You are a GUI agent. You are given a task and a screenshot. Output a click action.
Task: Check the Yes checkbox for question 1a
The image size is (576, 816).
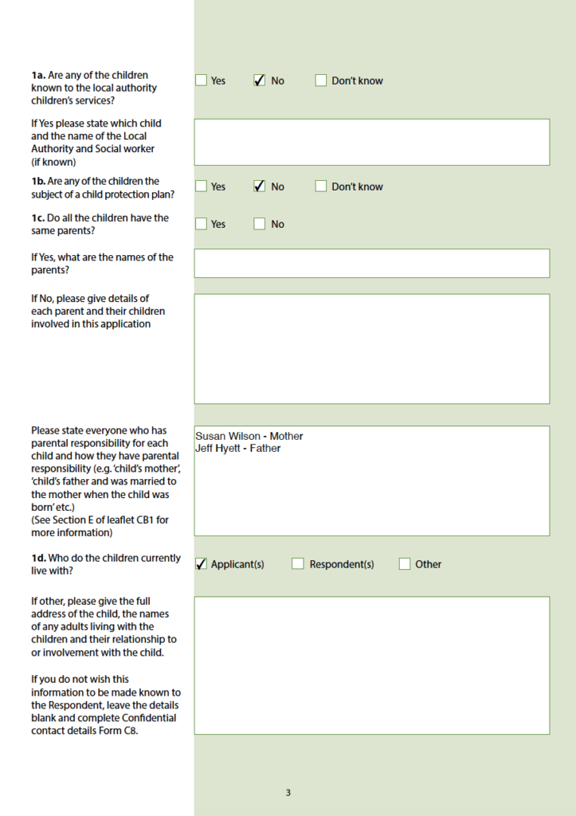(202, 80)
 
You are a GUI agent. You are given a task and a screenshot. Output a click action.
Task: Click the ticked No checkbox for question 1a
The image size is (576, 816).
(260, 80)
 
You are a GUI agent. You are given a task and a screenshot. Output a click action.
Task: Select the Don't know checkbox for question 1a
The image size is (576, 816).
(321, 80)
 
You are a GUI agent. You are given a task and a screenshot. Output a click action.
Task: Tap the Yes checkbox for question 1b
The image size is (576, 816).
(202, 186)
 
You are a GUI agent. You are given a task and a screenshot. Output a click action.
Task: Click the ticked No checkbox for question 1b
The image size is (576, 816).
(260, 186)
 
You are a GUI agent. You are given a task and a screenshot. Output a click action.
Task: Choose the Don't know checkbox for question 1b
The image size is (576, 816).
(321, 186)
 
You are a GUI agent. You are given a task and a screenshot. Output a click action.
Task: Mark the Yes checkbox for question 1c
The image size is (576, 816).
(202, 224)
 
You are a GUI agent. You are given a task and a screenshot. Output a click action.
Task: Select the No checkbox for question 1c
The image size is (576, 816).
(260, 224)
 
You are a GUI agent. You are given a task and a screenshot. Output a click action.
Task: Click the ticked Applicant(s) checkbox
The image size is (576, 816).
(202, 564)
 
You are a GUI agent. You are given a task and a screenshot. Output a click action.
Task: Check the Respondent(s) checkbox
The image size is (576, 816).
(298, 564)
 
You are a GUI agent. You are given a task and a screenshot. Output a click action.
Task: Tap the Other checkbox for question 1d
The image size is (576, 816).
(405, 564)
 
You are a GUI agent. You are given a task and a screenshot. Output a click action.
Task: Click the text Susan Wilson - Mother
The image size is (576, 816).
(249, 437)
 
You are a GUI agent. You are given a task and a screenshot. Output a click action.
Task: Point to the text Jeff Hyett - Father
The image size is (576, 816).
(238, 449)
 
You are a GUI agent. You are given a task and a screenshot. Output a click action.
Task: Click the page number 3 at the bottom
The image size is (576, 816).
(288, 793)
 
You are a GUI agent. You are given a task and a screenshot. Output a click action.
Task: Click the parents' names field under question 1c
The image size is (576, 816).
(371, 263)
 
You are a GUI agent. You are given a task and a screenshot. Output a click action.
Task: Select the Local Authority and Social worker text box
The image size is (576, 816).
(371, 142)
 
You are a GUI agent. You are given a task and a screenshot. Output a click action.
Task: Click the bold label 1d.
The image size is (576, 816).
(38, 559)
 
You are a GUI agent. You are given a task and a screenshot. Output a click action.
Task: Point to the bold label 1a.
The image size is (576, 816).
(38, 76)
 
